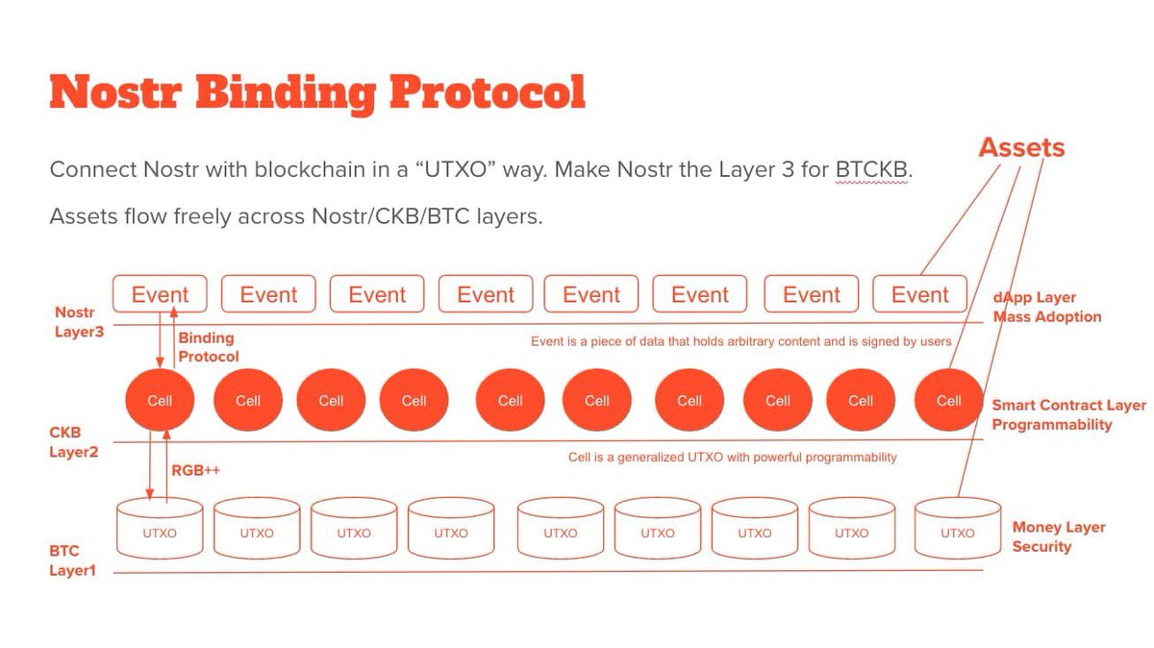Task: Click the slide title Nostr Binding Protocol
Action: tap(317, 93)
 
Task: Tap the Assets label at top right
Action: tap(1021, 147)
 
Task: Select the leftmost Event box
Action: tap(160, 294)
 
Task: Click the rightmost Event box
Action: tap(920, 294)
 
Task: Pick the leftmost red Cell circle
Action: tap(160, 400)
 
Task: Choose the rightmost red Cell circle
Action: tap(948, 400)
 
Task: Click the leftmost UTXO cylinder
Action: tap(160, 529)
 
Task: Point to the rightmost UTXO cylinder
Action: tap(957, 529)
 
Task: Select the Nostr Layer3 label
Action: tap(76, 321)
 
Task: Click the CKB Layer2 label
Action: tap(73, 442)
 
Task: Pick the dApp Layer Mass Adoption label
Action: tap(1046, 307)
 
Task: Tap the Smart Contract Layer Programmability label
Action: tap(1068, 414)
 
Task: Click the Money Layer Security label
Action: tap(1058, 536)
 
